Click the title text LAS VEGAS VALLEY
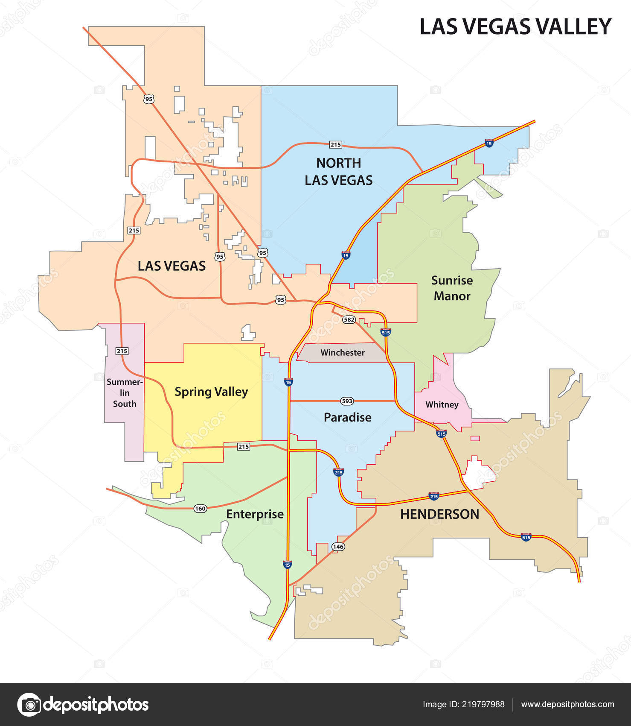pos(515,26)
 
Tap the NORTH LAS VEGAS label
pos(338,172)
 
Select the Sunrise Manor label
pos(452,288)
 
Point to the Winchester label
pos(343,353)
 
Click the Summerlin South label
pos(125,393)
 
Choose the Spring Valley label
pos(211,392)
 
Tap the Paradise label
pos(347,417)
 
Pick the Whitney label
pos(442,405)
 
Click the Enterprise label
pos(255,514)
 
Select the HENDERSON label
pos(439,514)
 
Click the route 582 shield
pos(349,319)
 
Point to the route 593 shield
pos(347,401)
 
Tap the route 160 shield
pos(200,508)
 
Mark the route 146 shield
pos(338,547)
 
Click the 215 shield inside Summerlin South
pos(122,351)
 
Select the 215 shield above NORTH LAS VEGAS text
pos(335,145)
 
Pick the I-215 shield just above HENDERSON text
pos(434,496)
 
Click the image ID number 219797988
pos(484,704)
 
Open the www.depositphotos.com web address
pos(567,704)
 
